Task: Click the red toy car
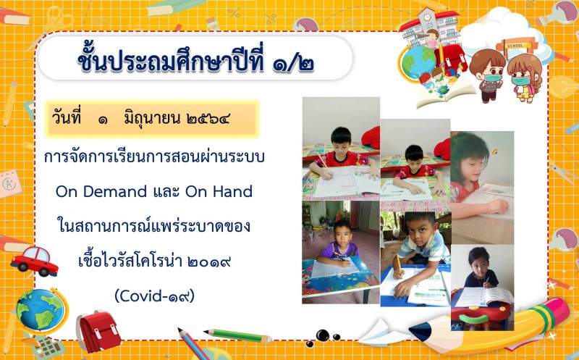pyautogui.click(x=34, y=261)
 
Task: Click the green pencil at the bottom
pyautogui.click(x=237, y=335)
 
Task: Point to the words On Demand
pyautogui.click(x=101, y=191)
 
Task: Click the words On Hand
pyautogui.click(x=219, y=191)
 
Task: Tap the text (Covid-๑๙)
pyautogui.click(x=154, y=296)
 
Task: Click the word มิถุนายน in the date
pyautogui.click(x=152, y=120)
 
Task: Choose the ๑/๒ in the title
pyautogui.click(x=294, y=63)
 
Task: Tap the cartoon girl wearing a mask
pyautogui.click(x=524, y=78)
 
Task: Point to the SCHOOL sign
pyautogui.click(x=515, y=46)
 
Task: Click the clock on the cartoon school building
pyautogui.click(x=427, y=17)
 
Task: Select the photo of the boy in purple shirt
pyautogui.click(x=341, y=251)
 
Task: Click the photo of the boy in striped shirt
pyautogui.click(x=415, y=259)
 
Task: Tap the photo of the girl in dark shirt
pyautogui.click(x=482, y=287)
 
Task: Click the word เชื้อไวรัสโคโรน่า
pyautogui.click(x=130, y=261)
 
